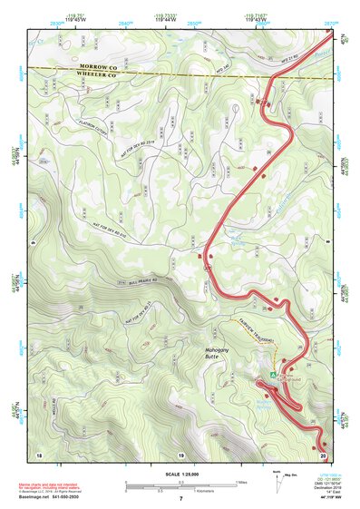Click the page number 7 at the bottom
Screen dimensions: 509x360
click(180, 499)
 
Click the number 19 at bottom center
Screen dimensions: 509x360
click(180, 454)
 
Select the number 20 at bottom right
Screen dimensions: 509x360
click(323, 454)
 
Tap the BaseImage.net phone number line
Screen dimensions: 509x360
click(50, 499)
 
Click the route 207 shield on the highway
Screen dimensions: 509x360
click(208, 270)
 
